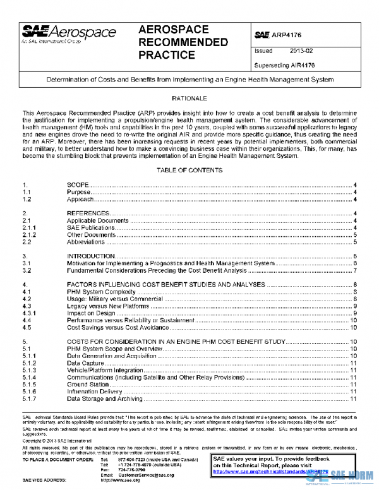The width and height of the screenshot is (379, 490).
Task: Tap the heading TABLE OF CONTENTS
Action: click(189, 171)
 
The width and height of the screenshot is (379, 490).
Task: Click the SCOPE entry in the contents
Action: click(78, 184)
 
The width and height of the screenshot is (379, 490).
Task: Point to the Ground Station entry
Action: click(87, 385)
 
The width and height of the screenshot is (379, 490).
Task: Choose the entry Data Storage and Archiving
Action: click(104, 398)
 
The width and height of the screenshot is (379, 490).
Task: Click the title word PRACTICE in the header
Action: click(167, 55)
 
